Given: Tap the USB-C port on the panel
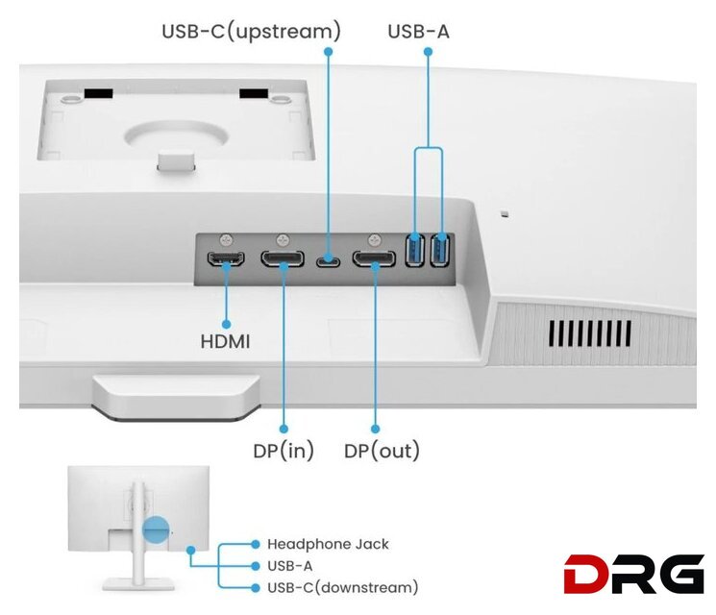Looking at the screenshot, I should [329, 259].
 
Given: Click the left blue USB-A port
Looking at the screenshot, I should [415, 252].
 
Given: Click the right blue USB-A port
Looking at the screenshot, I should [440, 252].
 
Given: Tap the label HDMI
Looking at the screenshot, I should [225, 341].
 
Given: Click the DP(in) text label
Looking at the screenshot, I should [284, 451].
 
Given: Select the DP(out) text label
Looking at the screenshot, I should [382, 451].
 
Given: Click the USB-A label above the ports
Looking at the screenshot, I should [418, 32].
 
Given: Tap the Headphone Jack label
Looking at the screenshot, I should [328, 544].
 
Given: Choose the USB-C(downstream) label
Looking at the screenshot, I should [342, 587].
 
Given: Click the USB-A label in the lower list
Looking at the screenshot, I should [289, 566].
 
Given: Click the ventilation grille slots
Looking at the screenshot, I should [589, 333].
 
